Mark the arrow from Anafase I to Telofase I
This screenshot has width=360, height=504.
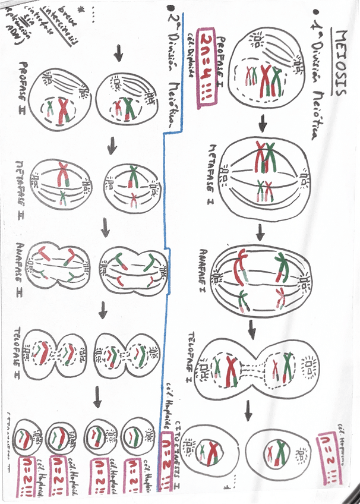(252, 327)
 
